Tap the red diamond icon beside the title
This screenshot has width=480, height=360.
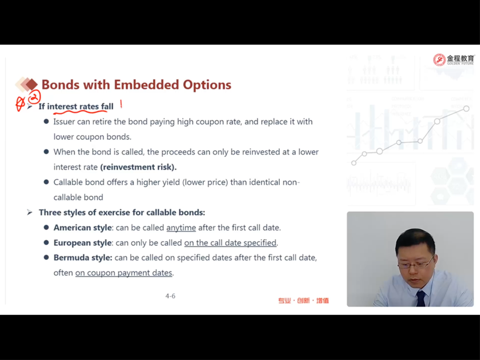pos(31,84)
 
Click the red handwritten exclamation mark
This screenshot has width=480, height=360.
pos(121,104)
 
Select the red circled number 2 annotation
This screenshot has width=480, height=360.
pos(35,97)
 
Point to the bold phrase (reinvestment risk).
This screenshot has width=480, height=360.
pos(138,167)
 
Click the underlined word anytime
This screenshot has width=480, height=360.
pos(181,228)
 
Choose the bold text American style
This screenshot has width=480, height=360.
pos(82,228)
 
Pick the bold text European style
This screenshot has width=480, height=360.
pos(82,243)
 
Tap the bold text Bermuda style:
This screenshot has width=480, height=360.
pos(83,258)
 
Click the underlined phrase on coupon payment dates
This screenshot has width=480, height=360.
pos(124,273)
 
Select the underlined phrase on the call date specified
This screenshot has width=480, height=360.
pos(230,243)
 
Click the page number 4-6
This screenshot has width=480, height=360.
pos(171,296)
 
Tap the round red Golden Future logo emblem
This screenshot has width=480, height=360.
pos(439,60)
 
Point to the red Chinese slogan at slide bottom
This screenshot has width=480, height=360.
pos(303,300)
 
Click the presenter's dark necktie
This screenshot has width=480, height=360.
pos(421,298)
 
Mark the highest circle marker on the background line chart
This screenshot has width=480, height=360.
pos(466,108)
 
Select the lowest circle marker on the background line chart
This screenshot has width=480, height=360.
pos(354,163)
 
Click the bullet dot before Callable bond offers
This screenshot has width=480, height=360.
pos(46,182)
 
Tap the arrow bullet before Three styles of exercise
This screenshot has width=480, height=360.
pos(30,212)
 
